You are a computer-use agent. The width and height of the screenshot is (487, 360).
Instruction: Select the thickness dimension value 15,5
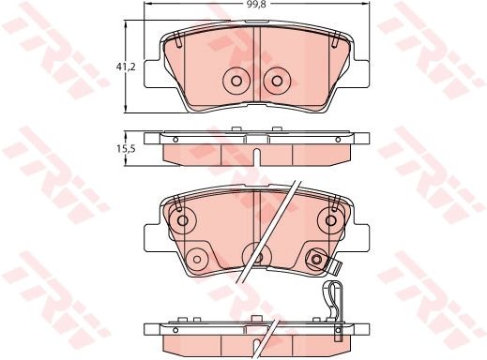126,149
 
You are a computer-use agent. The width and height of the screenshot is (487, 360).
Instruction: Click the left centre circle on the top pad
236,81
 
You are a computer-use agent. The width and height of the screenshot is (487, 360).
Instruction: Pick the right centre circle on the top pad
277,81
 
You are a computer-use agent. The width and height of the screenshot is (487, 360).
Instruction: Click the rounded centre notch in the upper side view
257,157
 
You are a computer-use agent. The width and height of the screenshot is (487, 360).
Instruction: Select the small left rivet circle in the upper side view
175,140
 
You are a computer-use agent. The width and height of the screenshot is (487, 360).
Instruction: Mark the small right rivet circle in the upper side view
338,140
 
